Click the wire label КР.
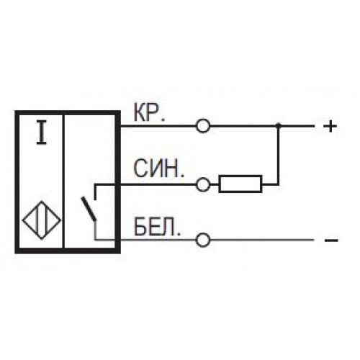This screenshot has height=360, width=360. pyautogui.click(x=149, y=113)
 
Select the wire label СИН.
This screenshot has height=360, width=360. pyautogui.click(x=158, y=168)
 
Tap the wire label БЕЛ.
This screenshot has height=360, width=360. pyautogui.click(x=157, y=227)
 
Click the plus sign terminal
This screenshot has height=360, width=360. pyautogui.click(x=330, y=126)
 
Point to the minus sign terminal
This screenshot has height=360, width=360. pyautogui.click(x=331, y=240)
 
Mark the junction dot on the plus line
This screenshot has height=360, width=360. pyautogui.click(x=278, y=125)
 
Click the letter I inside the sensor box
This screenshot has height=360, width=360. pyautogui.click(x=42, y=133)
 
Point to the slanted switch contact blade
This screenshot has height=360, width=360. pyautogui.click(x=89, y=209)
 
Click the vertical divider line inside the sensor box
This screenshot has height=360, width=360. pyautogui.click(x=63, y=181)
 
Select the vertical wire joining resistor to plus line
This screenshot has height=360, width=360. pyautogui.click(x=279, y=155)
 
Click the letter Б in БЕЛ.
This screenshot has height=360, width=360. pyautogui.click(x=140, y=227)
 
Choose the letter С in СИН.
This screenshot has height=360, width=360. pyautogui.click(x=140, y=168)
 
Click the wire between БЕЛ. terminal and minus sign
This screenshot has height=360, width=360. pyautogui.click(x=262, y=240)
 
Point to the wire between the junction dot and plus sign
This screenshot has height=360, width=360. pyautogui.click(x=297, y=126)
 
